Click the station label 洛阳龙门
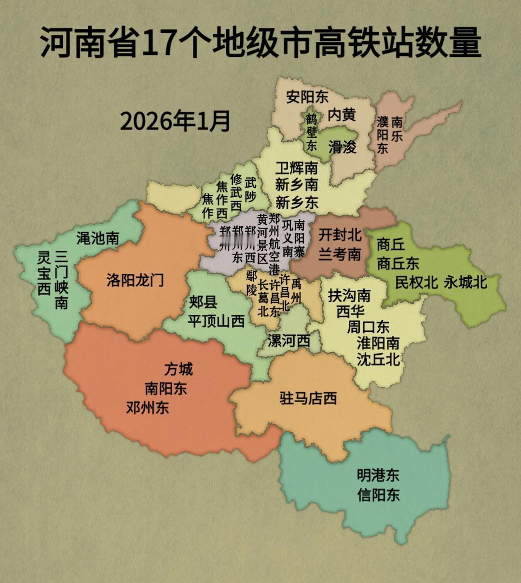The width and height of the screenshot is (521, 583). (x=135, y=280)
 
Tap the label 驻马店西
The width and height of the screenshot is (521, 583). (x=308, y=398)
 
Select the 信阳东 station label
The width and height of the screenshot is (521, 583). (x=379, y=495)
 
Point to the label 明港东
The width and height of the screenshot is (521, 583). (x=379, y=475)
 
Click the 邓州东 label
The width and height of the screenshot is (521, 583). (x=148, y=407)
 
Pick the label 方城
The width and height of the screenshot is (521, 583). (x=178, y=369)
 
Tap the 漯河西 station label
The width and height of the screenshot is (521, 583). (x=288, y=341)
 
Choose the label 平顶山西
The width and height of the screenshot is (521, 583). (x=216, y=321)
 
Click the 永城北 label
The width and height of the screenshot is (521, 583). (x=466, y=282)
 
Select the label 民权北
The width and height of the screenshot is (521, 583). (x=417, y=282)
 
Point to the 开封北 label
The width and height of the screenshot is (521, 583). (x=340, y=235)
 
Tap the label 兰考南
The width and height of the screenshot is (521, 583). (x=340, y=254)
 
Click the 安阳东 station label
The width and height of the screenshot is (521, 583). (x=307, y=97)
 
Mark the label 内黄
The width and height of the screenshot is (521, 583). (x=342, y=115)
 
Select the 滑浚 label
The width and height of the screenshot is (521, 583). (x=342, y=146)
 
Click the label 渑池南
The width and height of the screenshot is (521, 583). (x=98, y=238)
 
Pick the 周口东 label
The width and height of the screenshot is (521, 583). (x=369, y=327)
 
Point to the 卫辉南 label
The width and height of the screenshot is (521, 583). (x=297, y=167)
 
